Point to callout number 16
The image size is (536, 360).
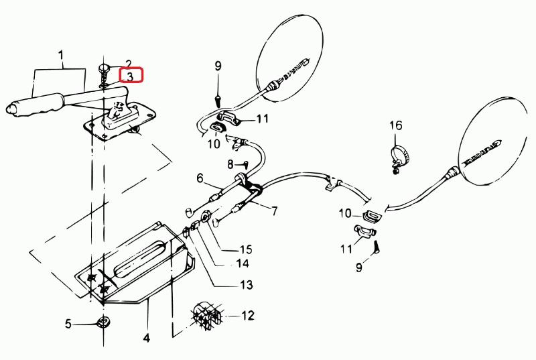click(396, 125)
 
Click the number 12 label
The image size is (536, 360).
click(248, 314)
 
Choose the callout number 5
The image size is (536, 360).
click(68, 325)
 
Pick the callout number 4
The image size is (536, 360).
click(146, 337)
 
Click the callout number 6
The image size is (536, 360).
click(200, 178)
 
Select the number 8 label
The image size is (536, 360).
click(229, 164)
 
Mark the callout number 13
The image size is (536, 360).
click(247, 286)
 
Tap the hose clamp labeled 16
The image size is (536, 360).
click(397, 158)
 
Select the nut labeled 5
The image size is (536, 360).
click(103, 322)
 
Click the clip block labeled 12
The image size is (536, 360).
click(207, 315)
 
